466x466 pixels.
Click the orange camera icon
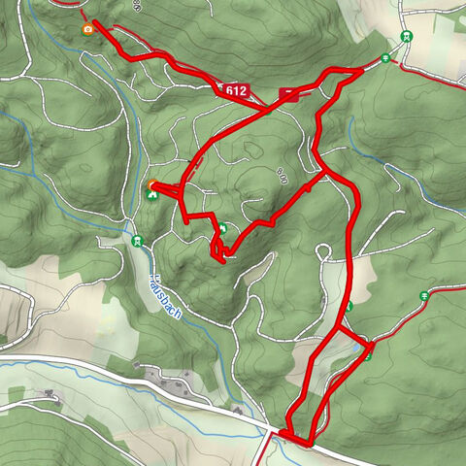[88, 29]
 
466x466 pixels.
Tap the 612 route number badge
[236, 91]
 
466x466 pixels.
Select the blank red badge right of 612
[289, 93]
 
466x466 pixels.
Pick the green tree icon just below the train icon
[386, 58]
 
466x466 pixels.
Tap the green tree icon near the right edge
[424, 295]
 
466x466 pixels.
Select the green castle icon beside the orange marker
[152, 195]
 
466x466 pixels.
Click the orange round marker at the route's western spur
[152, 184]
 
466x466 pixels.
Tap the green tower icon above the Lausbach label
[137, 240]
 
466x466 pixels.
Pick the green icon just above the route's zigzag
[222, 229]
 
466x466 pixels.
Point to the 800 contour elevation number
[283, 176]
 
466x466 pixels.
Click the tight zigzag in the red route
[219, 250]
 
